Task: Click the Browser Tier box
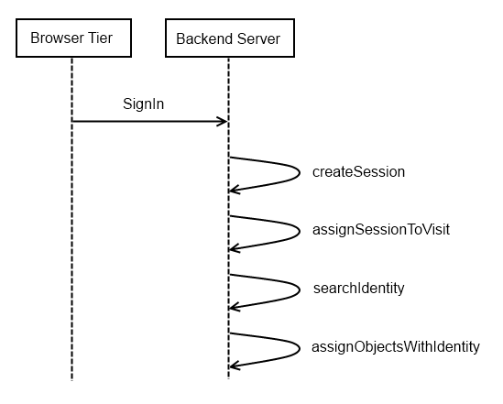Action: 74,38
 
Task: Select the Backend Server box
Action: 230,38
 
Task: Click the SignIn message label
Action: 144,104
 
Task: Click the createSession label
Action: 358,172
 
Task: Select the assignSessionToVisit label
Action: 381,230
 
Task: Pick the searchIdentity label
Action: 358,289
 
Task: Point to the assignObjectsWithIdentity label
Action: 396,347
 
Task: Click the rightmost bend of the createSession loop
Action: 300,173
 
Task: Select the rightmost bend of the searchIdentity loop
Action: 300,289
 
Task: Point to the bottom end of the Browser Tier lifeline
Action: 71,380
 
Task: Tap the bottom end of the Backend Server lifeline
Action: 228,378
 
